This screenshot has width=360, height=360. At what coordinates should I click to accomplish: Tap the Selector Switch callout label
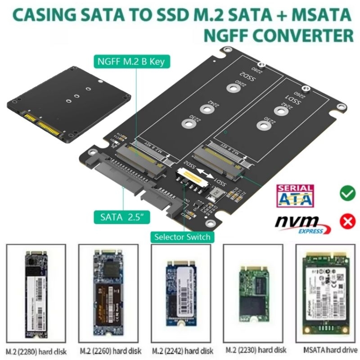pyautogui.click(x=181, y=236)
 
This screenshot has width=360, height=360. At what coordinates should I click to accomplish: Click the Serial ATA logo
pyautogui.click(x=295, y=195)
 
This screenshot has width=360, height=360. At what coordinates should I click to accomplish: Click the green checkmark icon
pyautogui.click(x=347, y=193)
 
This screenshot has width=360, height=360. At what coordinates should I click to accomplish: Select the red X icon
pyautogui.click(x=347, y=221)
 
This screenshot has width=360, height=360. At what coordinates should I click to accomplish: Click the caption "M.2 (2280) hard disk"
pyautogui.click(x=36, y=350)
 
